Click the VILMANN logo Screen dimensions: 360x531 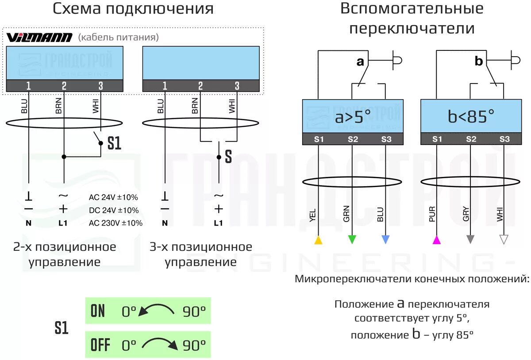(39, 38)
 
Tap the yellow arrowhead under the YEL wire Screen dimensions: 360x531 (318, 240)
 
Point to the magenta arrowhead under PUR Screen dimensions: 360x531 (437, 240)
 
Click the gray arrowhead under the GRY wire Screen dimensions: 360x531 (470, 239)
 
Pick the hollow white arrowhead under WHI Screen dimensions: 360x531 (504, 239)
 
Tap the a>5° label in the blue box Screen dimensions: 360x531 (353, 117)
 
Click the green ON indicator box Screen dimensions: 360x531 (148, 311)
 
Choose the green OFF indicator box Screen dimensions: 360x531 (148, 345)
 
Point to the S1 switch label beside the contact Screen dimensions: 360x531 (114, 143)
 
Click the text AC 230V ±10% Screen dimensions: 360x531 (116, 223)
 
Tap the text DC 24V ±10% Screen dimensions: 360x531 (114, 210)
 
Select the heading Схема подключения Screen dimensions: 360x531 (133, 9)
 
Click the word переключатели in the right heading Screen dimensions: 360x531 (412, 29)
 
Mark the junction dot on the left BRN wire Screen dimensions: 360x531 (64, 157)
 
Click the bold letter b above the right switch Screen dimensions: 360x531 (479, 61)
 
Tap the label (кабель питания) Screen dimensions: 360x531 (118, 38)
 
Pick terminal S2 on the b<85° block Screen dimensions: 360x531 (471, 139)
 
